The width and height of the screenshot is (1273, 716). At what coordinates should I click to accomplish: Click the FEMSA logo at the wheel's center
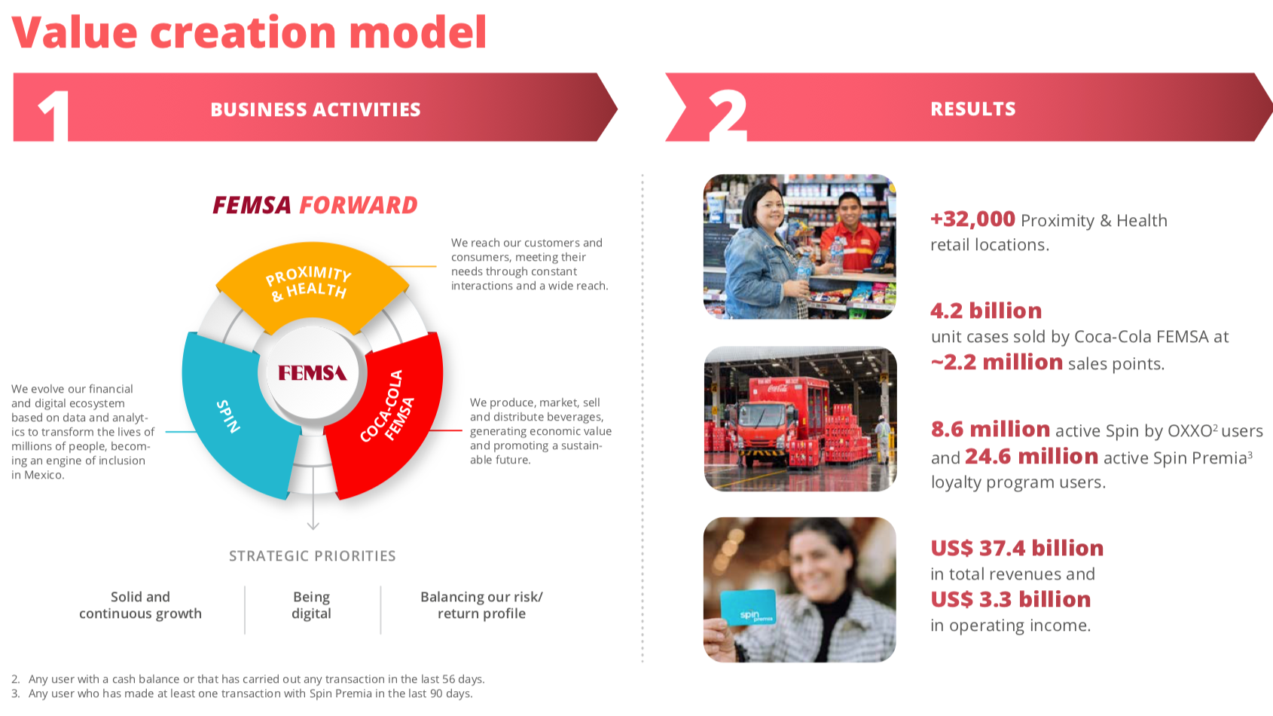313,373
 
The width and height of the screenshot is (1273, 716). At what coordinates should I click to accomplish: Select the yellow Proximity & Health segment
311,284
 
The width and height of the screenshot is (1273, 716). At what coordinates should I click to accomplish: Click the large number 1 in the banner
54,115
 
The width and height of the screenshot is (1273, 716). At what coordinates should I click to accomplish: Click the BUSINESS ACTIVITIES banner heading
316,109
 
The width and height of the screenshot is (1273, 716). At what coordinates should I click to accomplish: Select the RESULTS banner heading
973,109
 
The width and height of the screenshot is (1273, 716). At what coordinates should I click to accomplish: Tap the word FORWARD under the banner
359,205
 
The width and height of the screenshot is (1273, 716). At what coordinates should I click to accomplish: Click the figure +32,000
972,219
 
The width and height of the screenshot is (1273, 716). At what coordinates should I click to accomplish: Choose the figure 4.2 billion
986,311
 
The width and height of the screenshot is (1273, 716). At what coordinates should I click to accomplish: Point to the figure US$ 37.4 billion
1017,548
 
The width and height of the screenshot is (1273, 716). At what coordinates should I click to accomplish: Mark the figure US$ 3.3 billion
1010,599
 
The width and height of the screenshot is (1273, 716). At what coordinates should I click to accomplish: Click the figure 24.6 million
1031,456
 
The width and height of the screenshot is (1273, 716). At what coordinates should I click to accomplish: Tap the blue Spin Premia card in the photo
749,607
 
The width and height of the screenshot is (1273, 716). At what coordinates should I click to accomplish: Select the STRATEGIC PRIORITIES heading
313,555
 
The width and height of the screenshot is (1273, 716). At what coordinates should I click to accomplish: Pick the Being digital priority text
311,605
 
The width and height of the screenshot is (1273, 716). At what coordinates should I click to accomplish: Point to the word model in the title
418,32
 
